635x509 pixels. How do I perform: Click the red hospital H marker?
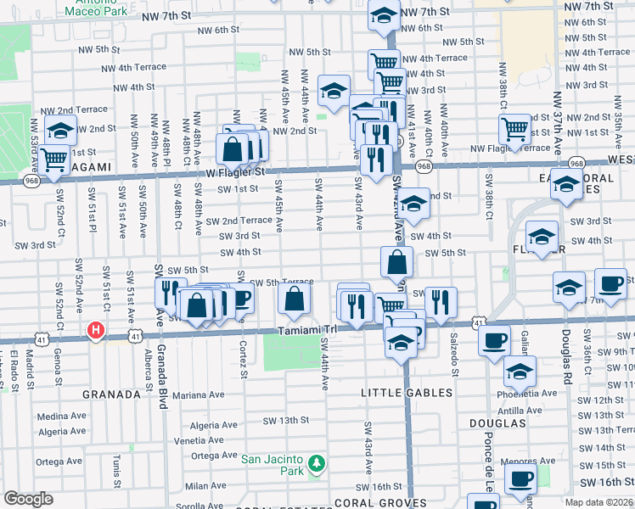(97, 329)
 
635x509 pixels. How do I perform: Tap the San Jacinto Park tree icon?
(316, 463)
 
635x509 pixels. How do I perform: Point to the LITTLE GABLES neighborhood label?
(407, 393)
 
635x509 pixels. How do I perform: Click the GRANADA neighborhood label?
(110, 394)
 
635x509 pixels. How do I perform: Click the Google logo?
(28, 499)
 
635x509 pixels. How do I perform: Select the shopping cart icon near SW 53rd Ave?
(54, 159)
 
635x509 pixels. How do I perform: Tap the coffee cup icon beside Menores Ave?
(520, 478)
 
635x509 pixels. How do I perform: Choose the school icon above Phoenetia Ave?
(520, 371)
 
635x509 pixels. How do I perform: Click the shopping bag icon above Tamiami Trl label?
(294, 299)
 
